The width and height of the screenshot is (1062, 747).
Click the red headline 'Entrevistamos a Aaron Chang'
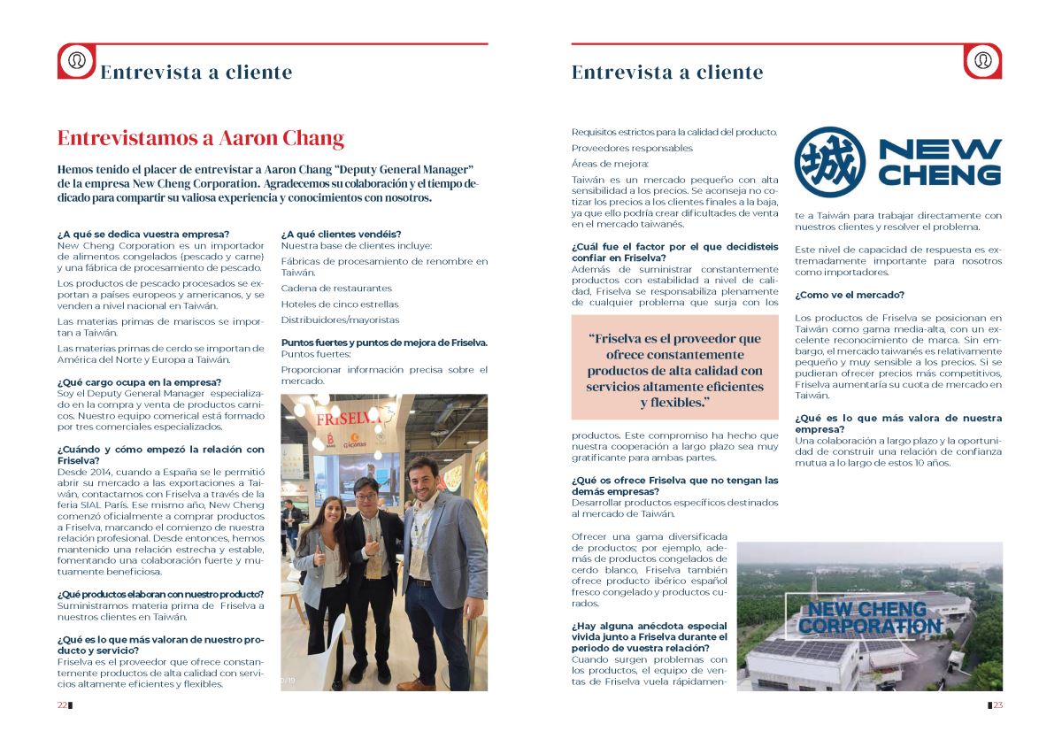coord(200,139)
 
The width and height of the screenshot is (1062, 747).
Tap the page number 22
coord(62,705)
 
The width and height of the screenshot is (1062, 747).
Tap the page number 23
coord(997,705)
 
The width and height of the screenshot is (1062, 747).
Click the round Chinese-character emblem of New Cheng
coord(829,162)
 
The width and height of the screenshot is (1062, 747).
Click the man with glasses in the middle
coord(370,566)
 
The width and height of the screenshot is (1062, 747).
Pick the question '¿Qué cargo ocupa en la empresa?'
coord(139,382)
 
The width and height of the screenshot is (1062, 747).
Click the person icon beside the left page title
coord(77,60)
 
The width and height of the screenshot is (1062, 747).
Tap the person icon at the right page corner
coord(982,60)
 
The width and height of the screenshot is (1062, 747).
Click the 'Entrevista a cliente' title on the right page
coord(666,73)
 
